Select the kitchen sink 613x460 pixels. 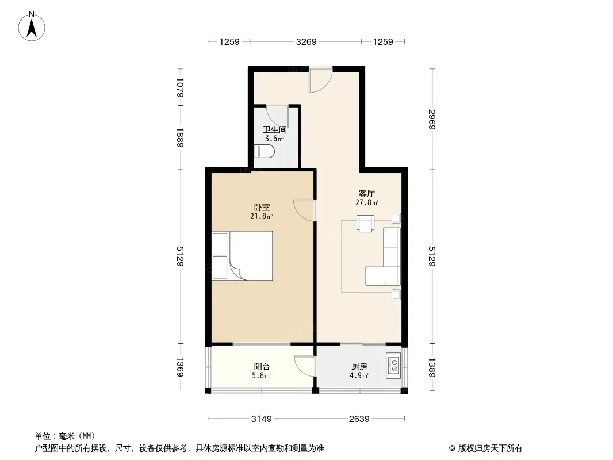394,366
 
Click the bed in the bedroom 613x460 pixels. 243,256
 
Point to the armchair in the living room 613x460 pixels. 366,224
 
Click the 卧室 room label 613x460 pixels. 262,207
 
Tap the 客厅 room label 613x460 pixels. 367,193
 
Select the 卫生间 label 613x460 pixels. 274,129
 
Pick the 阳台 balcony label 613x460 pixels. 262,367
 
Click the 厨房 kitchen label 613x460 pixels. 359,367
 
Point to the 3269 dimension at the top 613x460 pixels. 306,41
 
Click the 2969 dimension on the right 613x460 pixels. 432,119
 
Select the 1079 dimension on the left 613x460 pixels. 180,87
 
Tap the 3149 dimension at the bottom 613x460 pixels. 261,419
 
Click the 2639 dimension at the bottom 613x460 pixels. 359,419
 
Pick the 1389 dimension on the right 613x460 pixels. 432,368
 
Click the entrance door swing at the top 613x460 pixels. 320,80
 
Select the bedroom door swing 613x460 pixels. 305,210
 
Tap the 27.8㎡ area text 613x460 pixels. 367,202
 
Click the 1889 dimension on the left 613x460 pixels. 180,137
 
